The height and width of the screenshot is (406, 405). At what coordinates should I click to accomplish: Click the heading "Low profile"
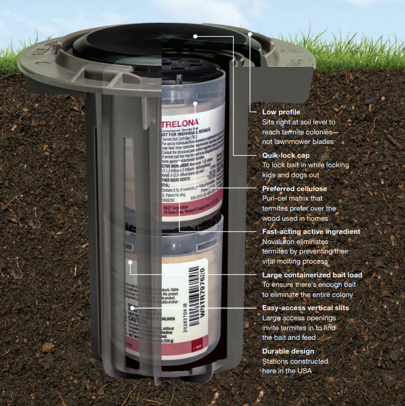point(281,112)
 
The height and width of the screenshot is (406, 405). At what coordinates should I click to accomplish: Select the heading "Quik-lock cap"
point(286,155)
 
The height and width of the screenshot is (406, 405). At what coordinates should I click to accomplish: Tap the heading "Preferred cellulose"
point(294,188)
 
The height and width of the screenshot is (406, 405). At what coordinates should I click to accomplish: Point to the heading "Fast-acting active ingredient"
point(311,231)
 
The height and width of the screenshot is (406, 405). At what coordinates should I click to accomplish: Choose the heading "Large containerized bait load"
point(312,275)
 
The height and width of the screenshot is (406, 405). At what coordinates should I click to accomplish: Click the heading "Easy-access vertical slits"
point(305,308)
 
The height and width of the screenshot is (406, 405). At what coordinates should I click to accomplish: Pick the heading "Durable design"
point(288,351)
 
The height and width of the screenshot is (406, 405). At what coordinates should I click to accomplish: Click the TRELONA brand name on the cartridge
point(180,123)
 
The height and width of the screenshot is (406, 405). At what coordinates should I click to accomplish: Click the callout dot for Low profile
point(250,34)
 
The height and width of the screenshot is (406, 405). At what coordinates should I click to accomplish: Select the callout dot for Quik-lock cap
point(195,36)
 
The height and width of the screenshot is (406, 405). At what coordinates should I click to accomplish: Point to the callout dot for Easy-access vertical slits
point(133,308)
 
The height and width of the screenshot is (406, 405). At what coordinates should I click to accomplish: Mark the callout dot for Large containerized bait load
point(130,262)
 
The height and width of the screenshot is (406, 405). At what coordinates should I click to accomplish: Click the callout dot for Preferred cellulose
point(195,103)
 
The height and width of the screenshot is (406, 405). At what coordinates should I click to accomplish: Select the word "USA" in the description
point(304,371)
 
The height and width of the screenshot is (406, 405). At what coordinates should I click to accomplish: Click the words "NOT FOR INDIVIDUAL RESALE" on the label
point(186,133)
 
